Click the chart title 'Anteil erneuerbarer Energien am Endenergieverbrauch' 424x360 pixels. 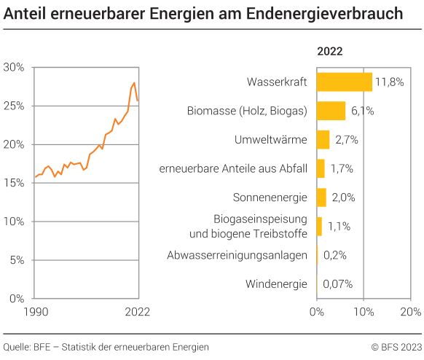(x=203, y=13)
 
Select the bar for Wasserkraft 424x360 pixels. (x=344, y=82)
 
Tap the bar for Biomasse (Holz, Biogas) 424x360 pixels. (x=331, y=111)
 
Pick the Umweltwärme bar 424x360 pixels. (x=323, y=139)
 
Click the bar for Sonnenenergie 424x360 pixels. (x=321, y=197)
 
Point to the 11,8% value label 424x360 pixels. (x=390, y=82)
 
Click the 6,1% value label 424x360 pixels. (x=363, y=111)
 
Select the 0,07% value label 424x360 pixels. (x=338, y=284)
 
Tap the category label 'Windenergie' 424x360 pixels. (x=276, y=284)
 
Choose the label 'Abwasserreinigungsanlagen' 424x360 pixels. (x=237, y=255)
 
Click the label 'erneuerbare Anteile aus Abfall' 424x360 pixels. (x=233, y=168)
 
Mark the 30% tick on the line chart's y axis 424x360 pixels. (x=14, y=67)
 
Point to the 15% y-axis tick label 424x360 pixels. (x=14, y=183)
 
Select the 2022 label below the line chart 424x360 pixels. (x=137, y=312)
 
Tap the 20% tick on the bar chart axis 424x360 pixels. (x=410, y=312)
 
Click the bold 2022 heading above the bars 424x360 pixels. (x=329, y=51)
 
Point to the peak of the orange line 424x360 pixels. (x=134, y=83)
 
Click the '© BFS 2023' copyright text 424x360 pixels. (x=396, y=347)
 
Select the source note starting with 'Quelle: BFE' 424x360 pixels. (x=106, y=347)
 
